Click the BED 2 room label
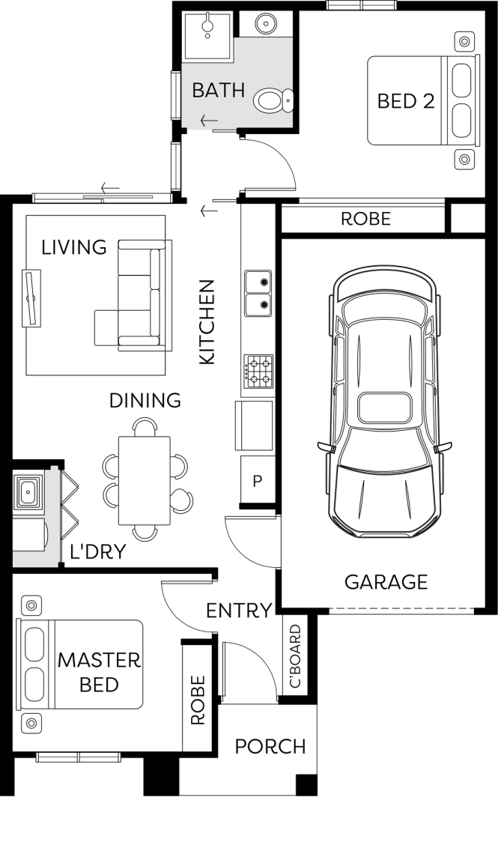406,100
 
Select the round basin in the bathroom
266,23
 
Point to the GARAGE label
386,581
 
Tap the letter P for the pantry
258,481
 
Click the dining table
145,480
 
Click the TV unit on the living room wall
31,298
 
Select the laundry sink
27,491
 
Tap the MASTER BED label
99,672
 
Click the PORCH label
270,746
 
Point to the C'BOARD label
295,656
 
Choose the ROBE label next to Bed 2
365,219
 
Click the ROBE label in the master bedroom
198,700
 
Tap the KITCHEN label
207,322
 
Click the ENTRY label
239,610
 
